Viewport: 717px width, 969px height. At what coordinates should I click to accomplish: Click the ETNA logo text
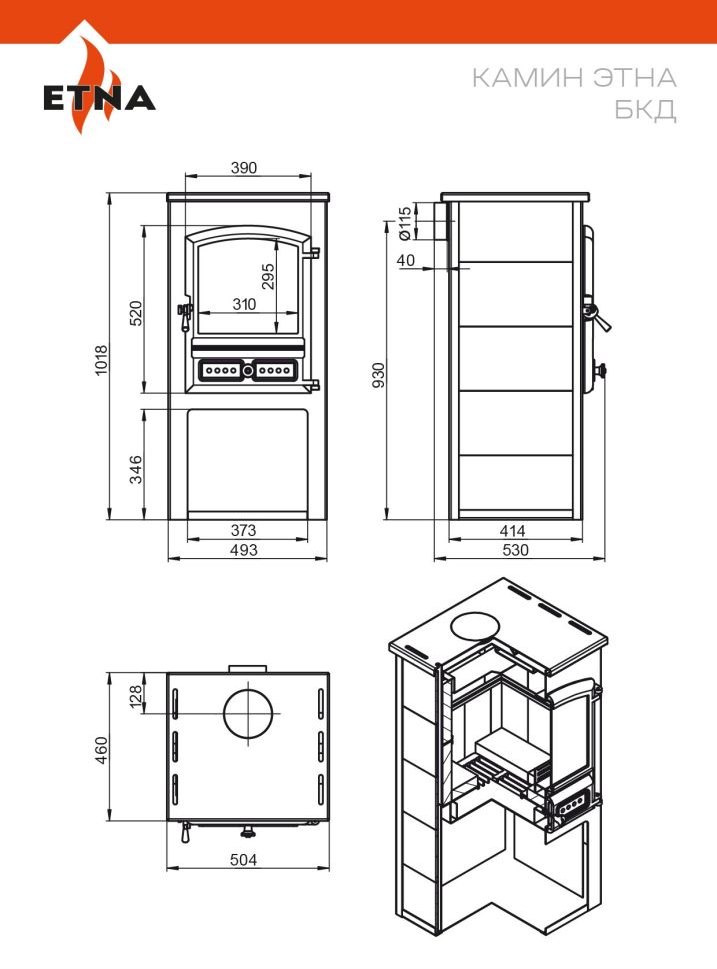click(99, 98)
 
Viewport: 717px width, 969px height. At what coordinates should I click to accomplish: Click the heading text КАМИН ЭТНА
click(574, 78)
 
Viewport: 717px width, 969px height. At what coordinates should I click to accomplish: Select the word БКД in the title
click(645, 110)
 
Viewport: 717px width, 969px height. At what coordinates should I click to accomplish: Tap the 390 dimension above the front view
click(244, 168)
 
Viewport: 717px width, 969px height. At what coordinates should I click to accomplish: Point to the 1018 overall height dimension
click(101, 359)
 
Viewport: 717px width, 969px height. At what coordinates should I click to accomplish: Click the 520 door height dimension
click(136, 313)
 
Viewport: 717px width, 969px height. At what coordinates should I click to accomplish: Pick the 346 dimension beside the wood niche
click(136, 469)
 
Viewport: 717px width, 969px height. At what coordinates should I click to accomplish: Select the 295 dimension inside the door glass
click(267, 277)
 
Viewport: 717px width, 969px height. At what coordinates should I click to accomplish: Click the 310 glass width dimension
click(244, 304)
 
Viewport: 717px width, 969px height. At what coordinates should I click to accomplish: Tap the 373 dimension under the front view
click(243, 530)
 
